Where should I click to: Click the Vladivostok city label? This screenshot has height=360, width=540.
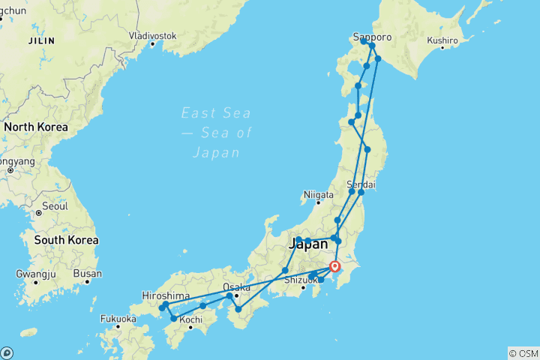coord(152,35)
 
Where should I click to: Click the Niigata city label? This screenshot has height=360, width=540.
coord(317,196)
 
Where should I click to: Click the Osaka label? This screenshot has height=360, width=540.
coord(236,286)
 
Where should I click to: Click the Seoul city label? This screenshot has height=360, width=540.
coord(55,205)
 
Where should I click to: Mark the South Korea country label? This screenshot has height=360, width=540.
coord(65,240)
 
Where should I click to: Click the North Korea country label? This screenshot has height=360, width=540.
coord(36,127)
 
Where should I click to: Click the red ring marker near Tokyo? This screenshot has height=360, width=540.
coord(335,265)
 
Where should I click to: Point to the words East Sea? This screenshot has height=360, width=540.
coord(217,113)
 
